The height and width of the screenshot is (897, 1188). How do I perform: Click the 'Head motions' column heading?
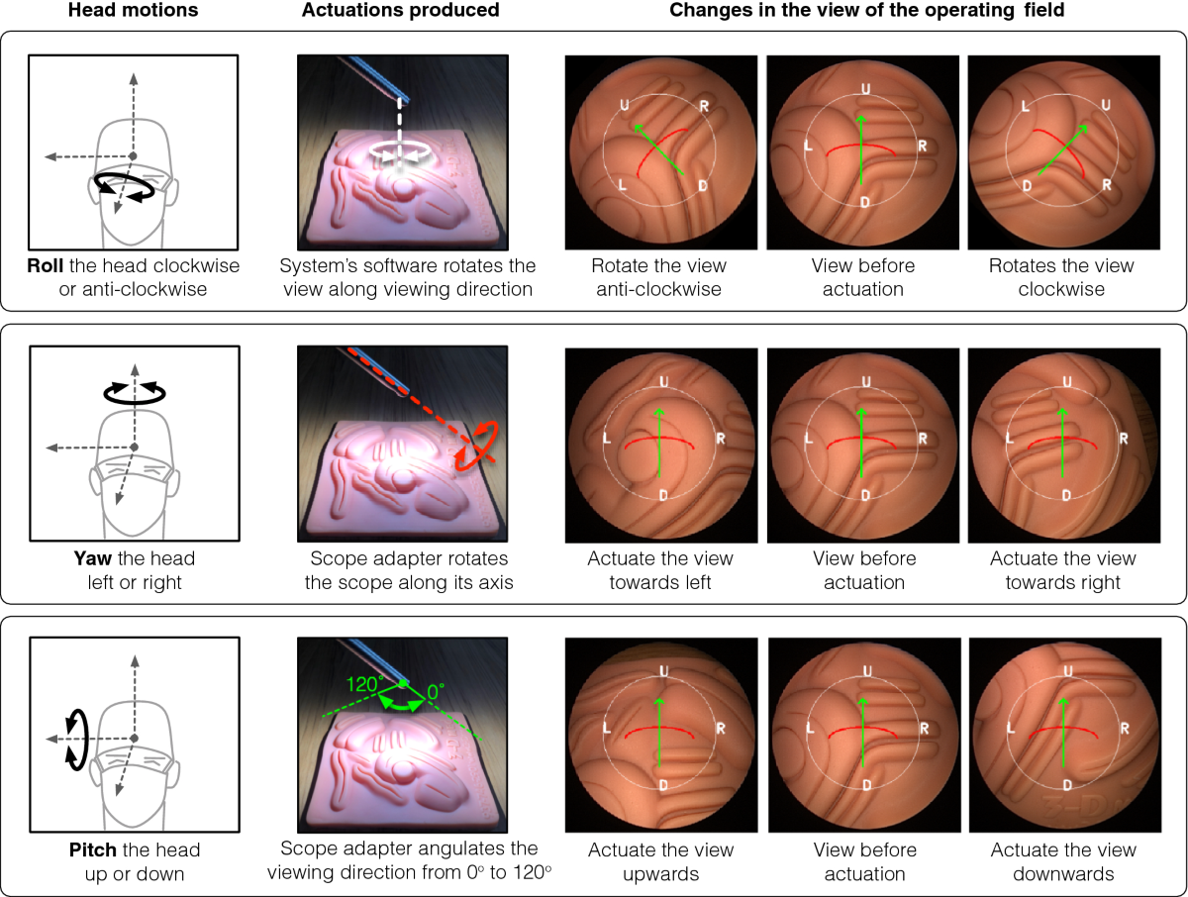pos(133,10)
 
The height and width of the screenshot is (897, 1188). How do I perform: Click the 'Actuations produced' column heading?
pos(400,10)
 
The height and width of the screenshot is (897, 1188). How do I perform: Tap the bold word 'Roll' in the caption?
pos(46,265)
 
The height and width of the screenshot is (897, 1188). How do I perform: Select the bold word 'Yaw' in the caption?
pos(92,558)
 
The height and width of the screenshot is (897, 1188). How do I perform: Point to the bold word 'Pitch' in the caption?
pos(92,849)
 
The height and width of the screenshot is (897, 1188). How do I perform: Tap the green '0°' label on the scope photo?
pos(436,692)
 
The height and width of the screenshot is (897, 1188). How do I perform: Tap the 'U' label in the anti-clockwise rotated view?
pos(625,104)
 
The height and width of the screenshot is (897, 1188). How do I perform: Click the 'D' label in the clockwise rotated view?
pos(1027,186)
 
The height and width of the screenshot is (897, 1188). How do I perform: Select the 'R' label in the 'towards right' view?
pos(1124,439)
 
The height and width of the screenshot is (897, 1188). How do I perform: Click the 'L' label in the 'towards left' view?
pos(606,438)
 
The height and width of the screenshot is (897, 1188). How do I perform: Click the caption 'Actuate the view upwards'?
pos(661,861)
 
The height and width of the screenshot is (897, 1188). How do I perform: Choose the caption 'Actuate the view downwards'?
pos(1063,861)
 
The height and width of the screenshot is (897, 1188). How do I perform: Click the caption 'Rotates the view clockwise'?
pos(1061,277)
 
